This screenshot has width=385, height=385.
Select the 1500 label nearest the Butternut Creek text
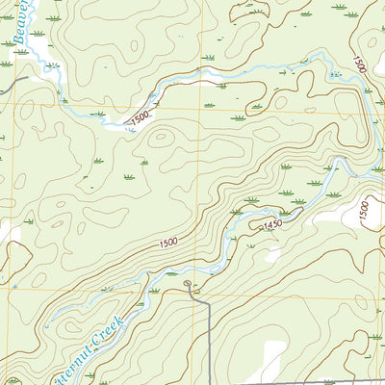tap(163, 247)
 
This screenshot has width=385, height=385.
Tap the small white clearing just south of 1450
tap(274, 256)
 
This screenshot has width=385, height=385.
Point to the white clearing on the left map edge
tap(8, 231)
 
